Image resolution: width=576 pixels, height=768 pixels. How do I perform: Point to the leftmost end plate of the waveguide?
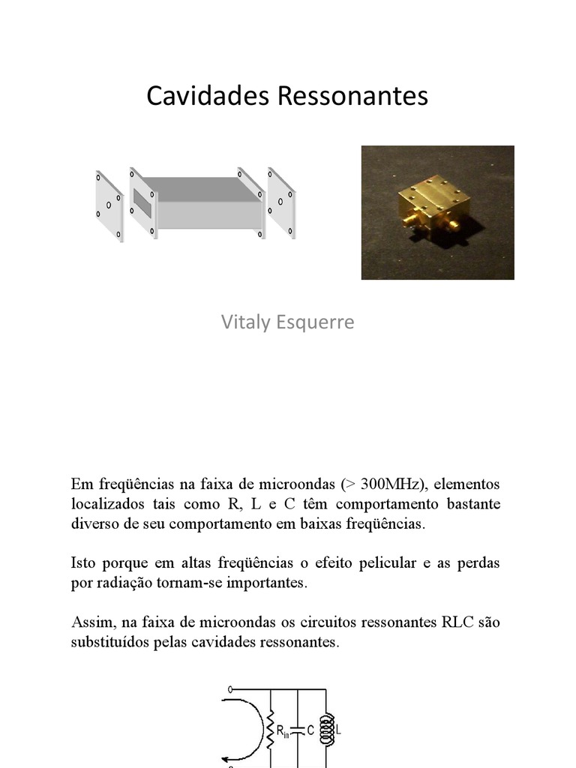click(109, 205)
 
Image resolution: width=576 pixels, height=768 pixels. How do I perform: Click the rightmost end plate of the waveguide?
click(282, 203)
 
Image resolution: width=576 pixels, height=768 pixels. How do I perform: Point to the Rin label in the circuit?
click(283, 730)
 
